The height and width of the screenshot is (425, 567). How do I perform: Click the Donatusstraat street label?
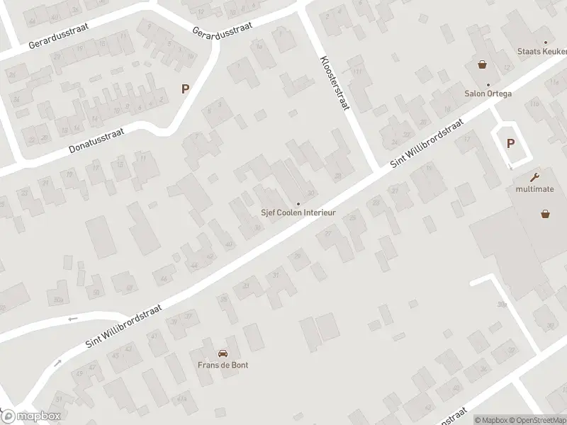pyautogui.click(x=96, y=140)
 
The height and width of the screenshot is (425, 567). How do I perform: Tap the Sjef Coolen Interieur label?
pyautogui.click(x=298, y=212)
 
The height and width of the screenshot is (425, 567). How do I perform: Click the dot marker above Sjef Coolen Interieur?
pyautogui.click(x=298, y=204)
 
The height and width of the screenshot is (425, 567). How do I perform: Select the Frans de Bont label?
pyautogui.click(x=223, y=365)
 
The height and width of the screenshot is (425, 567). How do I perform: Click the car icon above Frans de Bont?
pyautogui.click(x=223, y=353)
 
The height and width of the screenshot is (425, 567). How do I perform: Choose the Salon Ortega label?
pyautogui.click(x=488, y=93)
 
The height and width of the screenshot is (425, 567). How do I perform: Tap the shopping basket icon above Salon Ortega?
pyautogui.click(x=483, y=64)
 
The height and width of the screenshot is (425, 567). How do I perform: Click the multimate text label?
pyautogui.click(x=534, y=189)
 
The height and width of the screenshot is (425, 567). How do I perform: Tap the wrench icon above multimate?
pyautogui.click(x=534, y=177)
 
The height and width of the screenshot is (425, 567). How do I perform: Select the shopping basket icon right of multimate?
pyautogui.click(x=546, y=212)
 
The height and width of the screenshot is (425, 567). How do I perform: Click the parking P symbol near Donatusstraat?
pyautogui.click(x=186, y=89)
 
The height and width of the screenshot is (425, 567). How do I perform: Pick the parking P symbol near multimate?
pyautogui.click(x=510, y=142)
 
